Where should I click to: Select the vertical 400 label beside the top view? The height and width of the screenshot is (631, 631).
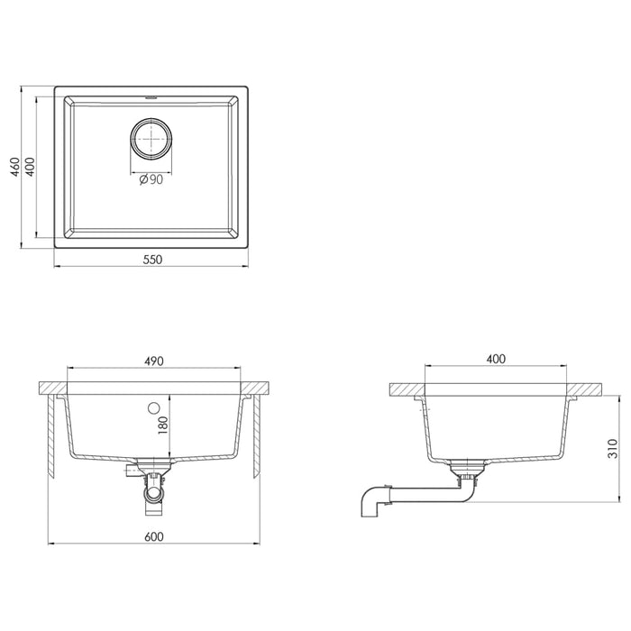click(31, 168)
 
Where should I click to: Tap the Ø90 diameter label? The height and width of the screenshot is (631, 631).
click(151, 179)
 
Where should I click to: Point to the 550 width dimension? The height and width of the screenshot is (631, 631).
click(151, 260)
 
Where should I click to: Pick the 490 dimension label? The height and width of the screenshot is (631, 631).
click(153, 361)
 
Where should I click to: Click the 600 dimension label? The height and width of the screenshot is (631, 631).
click(153, 536)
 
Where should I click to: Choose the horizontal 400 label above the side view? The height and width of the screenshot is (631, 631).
click(496, 358)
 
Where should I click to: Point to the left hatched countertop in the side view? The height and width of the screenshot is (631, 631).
click(405, 389)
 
